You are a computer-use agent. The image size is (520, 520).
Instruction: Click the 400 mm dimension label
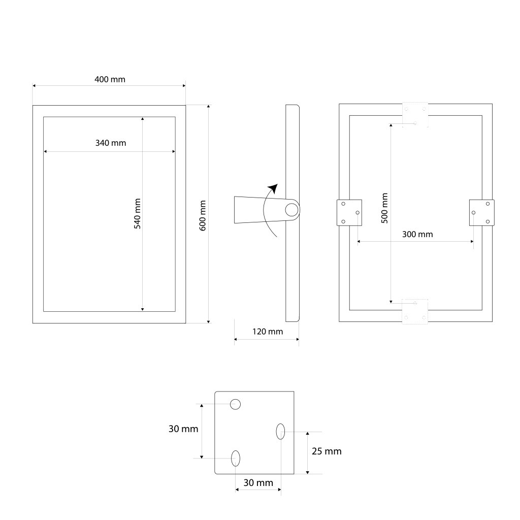point(110,79)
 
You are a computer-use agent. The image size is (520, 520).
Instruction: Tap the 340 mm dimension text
point(111,143)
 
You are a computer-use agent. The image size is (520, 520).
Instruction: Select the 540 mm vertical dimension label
point(137,213)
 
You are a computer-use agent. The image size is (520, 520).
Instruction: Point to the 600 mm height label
point(203,216)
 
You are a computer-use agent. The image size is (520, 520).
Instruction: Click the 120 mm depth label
point(268,332)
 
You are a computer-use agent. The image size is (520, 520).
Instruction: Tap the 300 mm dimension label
point(417,234)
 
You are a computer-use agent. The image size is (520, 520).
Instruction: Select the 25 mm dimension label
point(327,451)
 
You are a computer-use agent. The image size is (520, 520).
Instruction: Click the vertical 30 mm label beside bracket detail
point(183,429)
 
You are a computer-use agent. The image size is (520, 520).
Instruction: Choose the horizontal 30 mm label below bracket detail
point(258,483)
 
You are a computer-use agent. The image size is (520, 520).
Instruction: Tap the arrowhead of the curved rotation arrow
point(274,188)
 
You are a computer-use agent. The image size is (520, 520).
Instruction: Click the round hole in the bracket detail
point(235,404)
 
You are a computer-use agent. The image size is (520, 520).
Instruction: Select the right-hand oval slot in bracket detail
point(280,432)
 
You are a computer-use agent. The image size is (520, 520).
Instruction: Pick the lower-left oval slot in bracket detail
point(236,458)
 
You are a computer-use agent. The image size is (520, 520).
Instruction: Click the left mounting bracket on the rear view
point(349,212)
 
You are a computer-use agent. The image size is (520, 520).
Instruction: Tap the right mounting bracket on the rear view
point(481,212)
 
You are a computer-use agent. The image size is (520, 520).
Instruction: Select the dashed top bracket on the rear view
point(415,115)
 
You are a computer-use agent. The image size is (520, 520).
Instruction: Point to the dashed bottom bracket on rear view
point(415,311)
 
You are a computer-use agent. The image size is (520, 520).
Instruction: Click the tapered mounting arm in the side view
point(251,210)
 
